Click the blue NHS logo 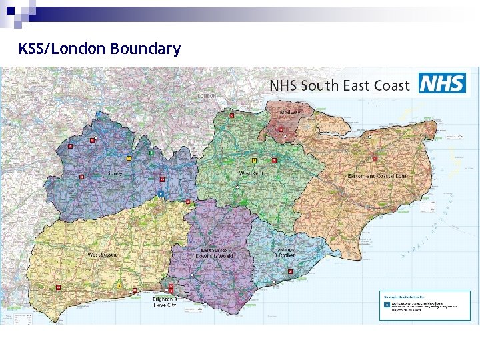tap(441, 84)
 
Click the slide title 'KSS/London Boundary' tap(99, 49)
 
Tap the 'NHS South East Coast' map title tap(339, 85)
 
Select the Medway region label tap(290, 113)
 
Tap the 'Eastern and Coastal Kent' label tap(377, 176)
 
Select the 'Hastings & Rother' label tap(284, 252)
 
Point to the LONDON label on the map tap(207, 96)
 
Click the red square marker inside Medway tap(281, 129)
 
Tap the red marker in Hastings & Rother tap(290, 272)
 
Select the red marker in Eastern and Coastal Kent tap(375, 159)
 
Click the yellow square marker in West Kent tap(254, 160)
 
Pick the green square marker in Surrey tap(151, 153)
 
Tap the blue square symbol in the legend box tap(385, 303)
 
